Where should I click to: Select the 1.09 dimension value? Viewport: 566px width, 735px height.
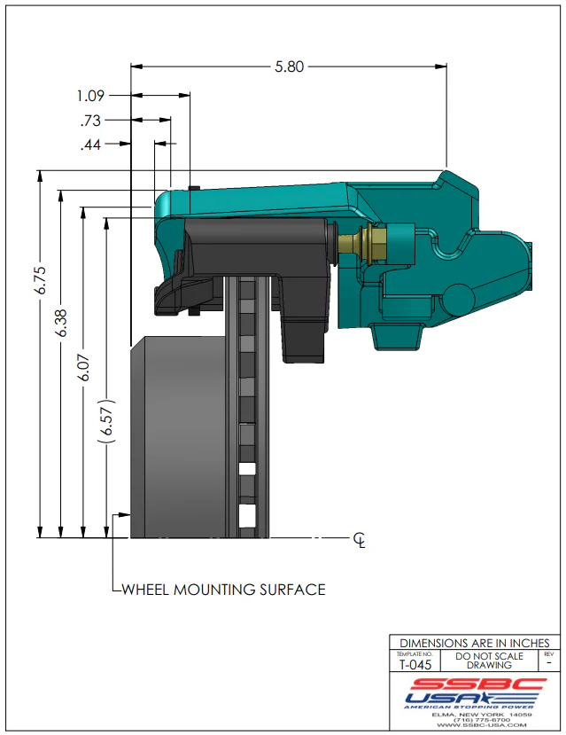point(91,95)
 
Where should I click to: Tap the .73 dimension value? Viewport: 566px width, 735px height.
point(91,121)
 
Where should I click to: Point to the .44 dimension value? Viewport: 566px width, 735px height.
point(91,145)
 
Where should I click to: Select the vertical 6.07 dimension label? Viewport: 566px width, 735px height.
point(84,366)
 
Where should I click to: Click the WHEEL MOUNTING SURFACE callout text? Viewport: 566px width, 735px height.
point(222,589)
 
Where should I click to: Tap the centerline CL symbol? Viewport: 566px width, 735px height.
point(359,539)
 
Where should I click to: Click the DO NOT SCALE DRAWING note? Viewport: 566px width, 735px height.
point(489,661)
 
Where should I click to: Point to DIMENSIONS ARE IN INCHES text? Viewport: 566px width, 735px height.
point(474,643)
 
